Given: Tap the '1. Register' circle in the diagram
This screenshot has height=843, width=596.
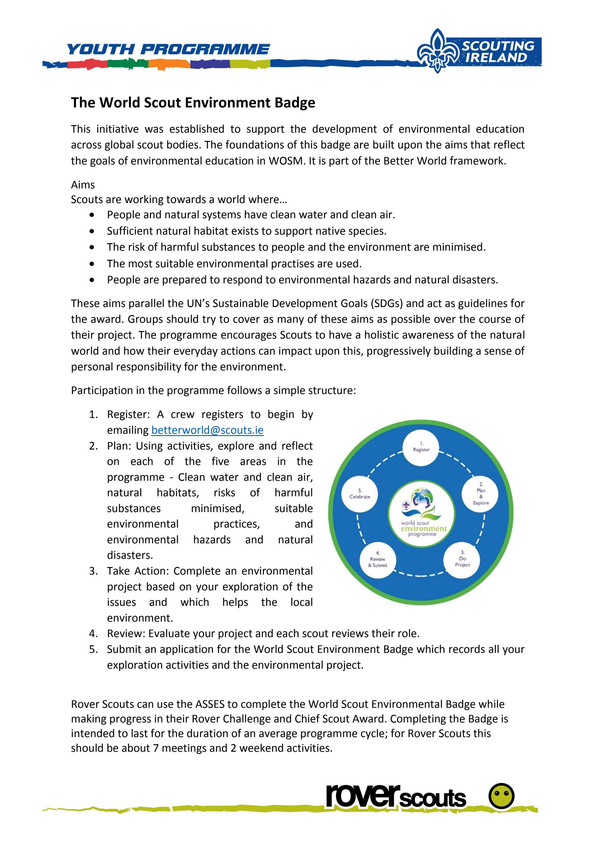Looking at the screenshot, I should pos(421,447).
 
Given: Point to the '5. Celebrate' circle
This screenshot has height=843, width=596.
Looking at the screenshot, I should pos(360,494).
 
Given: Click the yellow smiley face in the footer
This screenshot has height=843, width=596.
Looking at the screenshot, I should pos(501,796).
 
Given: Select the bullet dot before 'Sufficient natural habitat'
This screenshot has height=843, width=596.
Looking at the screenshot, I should pos(92,231).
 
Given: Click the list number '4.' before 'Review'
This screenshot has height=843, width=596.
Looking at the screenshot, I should pos(93,633).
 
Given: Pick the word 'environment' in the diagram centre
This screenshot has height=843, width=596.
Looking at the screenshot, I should pos(424,529).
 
